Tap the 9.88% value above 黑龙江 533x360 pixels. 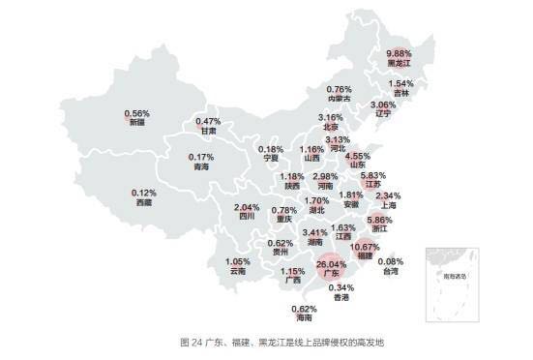pyautogui.click(x=400, y=53)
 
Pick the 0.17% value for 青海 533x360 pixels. pyautogui.click(x=201, y=157)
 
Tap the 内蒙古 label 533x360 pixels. pyautogui.click(x=339, y=98)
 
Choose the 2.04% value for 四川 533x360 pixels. pyautogui.click(x=248, y=208)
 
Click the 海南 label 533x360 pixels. pyautogui.click(x=305, y=318)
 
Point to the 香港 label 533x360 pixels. pyautogui.click(x=341, y=297)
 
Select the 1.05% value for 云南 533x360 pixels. pyautogui.click(x=238, y=261)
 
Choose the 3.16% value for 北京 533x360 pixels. pyautogui.click(x=332, y=117)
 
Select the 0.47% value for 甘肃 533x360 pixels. pyautogui.click(x=209, y=121)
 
